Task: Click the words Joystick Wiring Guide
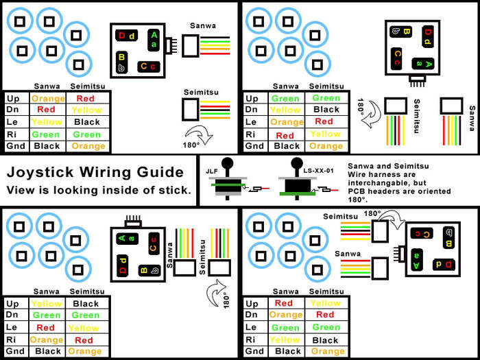coord(95,171)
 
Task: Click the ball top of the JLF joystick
coord(230,165)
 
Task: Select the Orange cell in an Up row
coord(48,98)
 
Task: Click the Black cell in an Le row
coord(86,122)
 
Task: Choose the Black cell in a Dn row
coord(326,110)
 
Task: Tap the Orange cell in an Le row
coord(287,122)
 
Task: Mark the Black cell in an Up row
coord(86,304)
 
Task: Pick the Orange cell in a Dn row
coord(287,315)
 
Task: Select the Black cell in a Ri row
coord(326,340)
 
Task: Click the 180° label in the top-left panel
coord(190,145)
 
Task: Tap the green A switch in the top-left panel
coord(155,38)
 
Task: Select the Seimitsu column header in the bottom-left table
coord(86,291)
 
